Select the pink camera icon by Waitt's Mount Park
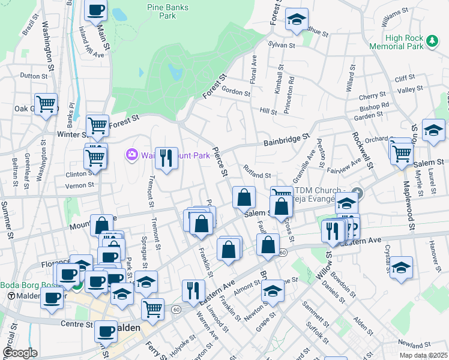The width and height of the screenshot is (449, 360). [x=131, y=155]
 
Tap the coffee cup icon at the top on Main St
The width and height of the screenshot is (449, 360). [x=96, y=10]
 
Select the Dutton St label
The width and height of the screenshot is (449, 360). [x=33, y=76]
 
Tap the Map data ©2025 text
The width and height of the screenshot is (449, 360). [x=423, y=355]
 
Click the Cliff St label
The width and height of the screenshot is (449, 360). [x=405, y=78]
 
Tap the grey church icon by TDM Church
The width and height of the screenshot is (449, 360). [x=358, y=193]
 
